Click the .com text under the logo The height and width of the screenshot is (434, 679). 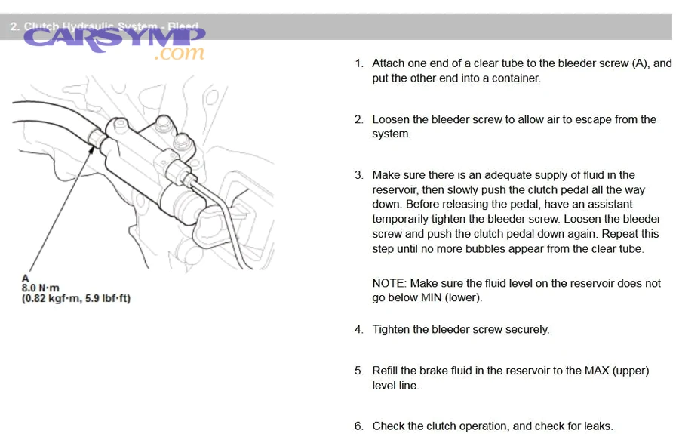tap(179, 54)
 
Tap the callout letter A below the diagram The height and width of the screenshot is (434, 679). tap(25, 278)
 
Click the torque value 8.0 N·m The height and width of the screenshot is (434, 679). tap(41, 288)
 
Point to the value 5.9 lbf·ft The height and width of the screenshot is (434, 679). tap(106, 298)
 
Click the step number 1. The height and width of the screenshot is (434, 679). tap(359, 63)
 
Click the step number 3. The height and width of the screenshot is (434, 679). tap(359, 175)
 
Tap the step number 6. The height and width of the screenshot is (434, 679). tap(359, 426)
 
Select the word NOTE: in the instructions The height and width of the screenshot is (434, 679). tap(390, 283)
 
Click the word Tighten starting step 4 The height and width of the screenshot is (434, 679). tap(392, 330)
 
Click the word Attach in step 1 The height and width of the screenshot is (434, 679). tap(389, 63)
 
